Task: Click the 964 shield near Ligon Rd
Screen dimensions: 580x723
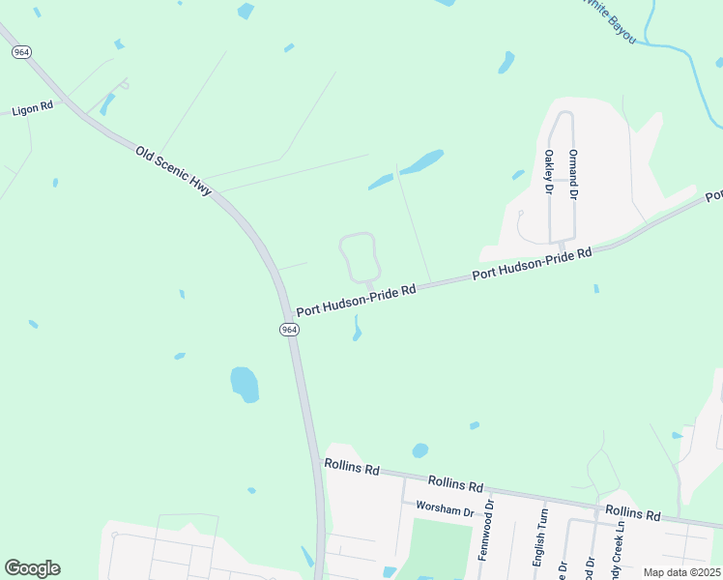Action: (20, 51)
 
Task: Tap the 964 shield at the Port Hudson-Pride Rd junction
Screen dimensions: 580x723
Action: (290, 330)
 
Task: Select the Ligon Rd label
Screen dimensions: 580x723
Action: (33, 108)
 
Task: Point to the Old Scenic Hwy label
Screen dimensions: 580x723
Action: (173, 171)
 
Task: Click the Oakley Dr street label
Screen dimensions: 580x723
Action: (548, 171)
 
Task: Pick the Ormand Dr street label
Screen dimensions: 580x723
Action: (572, 174)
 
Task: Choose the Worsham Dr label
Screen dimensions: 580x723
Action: (445, 507)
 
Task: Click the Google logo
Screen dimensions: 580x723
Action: (32, 568)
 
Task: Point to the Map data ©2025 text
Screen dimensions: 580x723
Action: (682, 572)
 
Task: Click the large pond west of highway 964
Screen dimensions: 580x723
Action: (245, 384)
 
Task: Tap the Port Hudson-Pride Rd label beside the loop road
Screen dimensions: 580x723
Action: (356, 300)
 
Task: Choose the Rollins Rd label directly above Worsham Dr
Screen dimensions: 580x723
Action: (455, 482)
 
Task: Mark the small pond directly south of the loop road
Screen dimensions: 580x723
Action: (358, 331)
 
